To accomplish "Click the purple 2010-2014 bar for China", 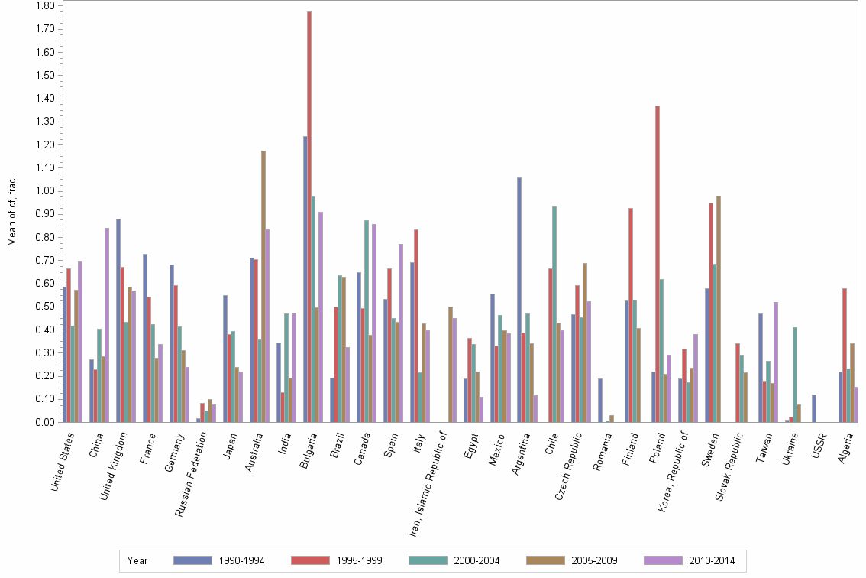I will coord(107,325).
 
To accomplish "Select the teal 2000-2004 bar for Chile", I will coord(554,314).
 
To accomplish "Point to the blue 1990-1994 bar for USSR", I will coord(814,408).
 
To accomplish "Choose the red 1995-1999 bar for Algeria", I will coord(845,356).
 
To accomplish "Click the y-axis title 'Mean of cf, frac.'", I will coord(11,211).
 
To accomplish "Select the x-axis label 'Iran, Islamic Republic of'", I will coord(429,482).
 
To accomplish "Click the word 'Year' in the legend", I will coord(137,560).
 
